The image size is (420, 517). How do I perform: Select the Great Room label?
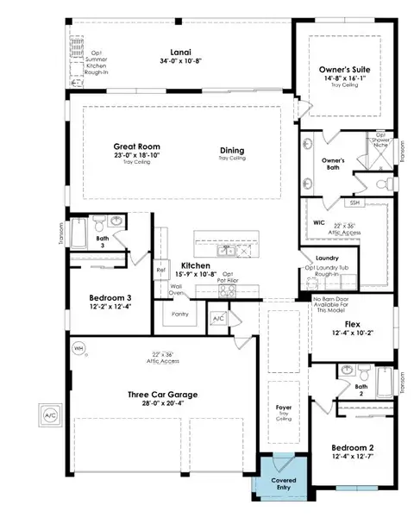pos(138,146)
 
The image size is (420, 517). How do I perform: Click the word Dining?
pos(232,149)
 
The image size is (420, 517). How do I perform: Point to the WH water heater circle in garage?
pos(79,349)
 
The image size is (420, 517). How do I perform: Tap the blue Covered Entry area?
pos(281,484)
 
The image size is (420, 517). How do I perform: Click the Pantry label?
pos(180,315)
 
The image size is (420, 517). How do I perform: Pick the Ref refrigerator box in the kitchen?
pos(160,271)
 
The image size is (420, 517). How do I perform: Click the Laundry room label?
pos(326,257)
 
